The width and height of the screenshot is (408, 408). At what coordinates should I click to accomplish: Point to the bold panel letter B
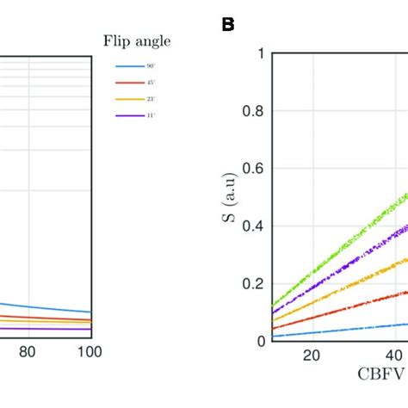228,24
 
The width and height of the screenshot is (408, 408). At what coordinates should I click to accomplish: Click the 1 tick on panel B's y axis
259,53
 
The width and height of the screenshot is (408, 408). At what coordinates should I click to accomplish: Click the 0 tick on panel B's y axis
259,341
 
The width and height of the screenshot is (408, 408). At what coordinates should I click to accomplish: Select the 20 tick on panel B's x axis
312,355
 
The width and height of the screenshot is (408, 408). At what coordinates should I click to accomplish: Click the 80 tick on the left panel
28,352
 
